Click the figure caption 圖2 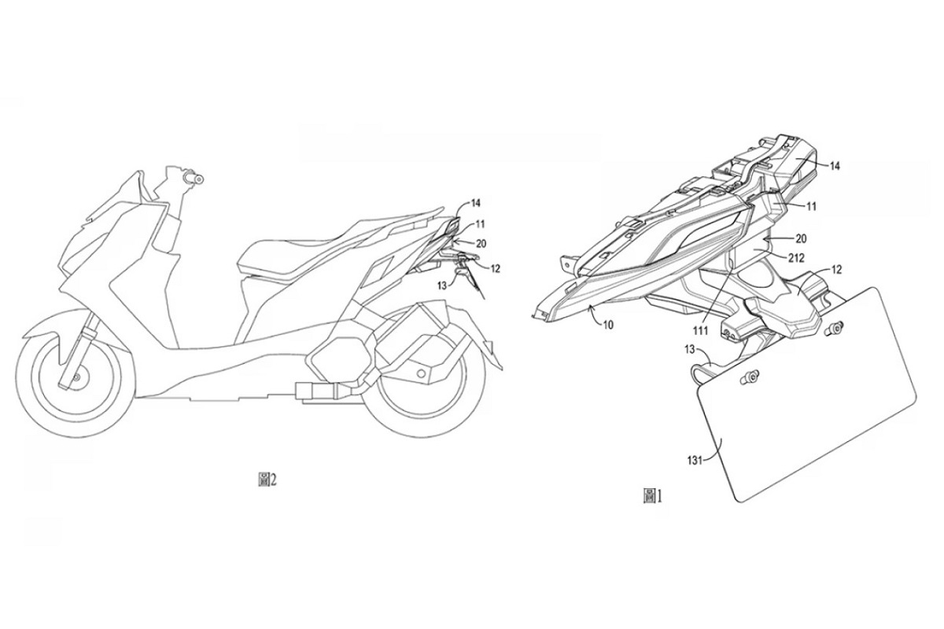(x=267, y=480)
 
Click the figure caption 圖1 (x=652, y=496)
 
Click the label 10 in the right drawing (x=608, y=325)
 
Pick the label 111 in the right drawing (x=700, y=331)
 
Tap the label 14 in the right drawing (x=835, y=167)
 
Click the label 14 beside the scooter (x=475, y=204)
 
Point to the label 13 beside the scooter (x=441, y=286)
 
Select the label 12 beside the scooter (x=495, y=268)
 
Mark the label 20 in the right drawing (x=800, y=239)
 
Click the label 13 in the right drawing (x=689, y=349)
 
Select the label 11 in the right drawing (x=811, y=207)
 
